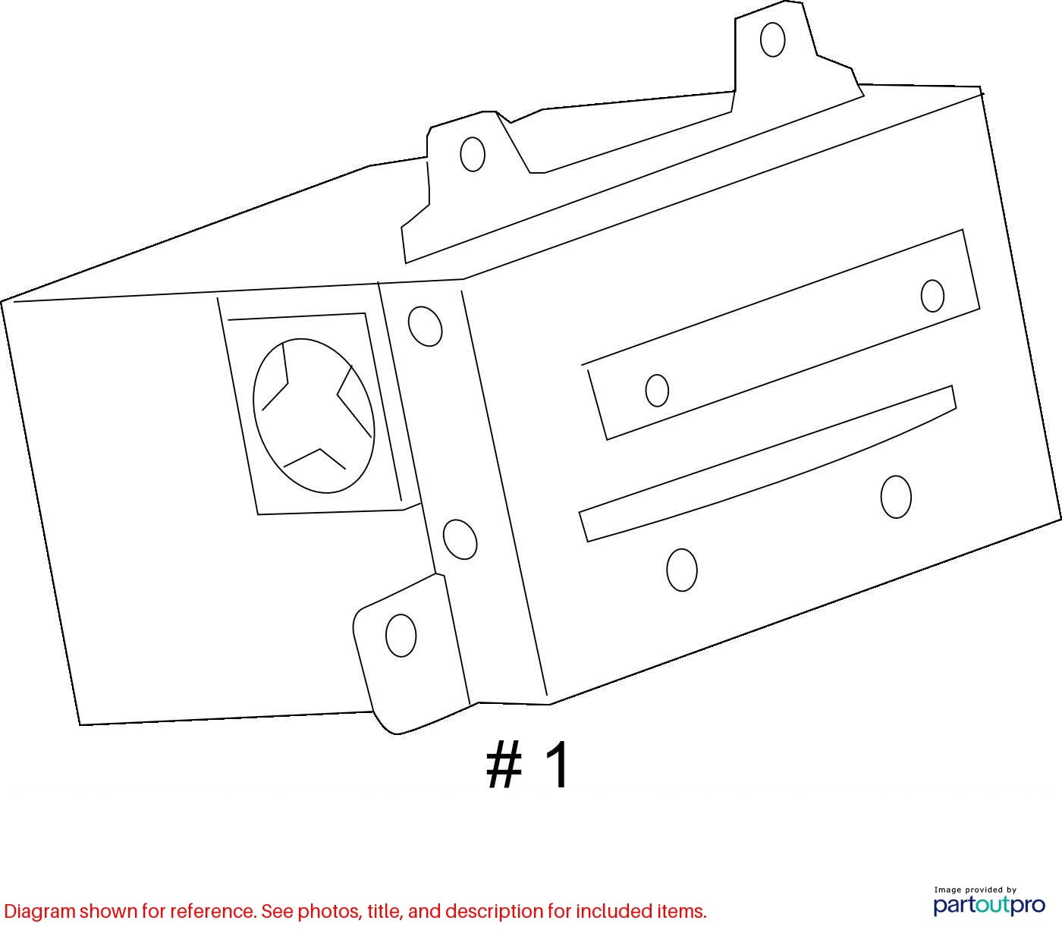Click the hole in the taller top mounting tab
(x=772, y=39)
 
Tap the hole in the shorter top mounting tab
(x=473, y=154)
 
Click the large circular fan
(x=313, y=416)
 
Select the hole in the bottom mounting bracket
(x=401, y=636)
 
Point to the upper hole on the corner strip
(x=425, y=326)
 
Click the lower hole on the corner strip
(x=460, y=539)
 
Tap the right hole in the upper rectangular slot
(x=932, y=296)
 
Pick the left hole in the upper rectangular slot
(x=657, y=391)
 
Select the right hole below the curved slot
(x=896, y=497)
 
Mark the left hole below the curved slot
(x=682, y=570)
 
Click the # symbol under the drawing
(x=504, y=765)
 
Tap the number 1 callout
(x=556, y=764)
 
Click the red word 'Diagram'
(x=40, y=912)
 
